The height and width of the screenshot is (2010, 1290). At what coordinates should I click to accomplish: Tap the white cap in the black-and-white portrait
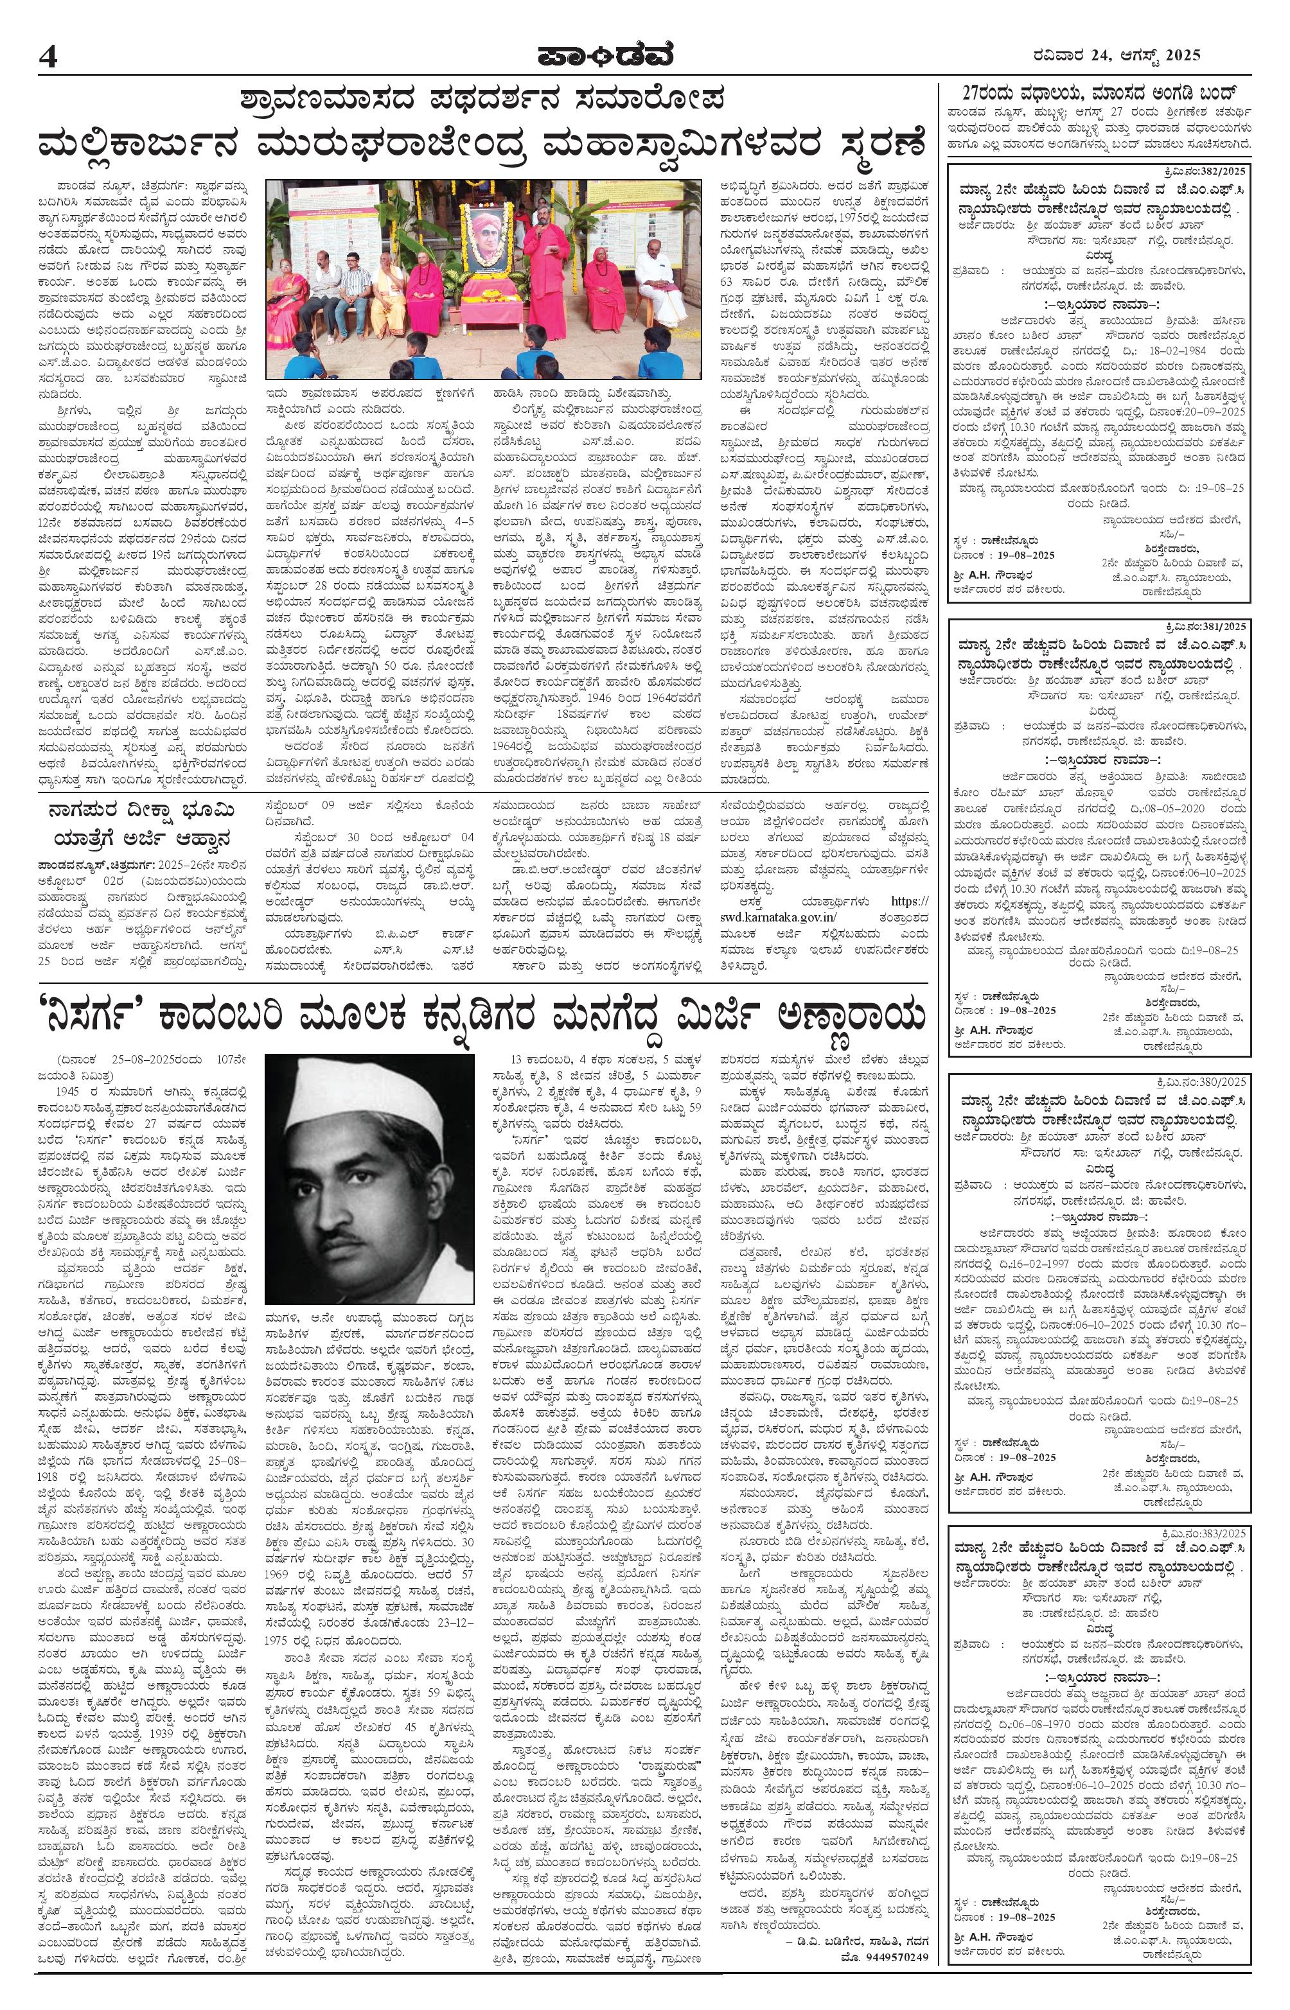(x=369, y=1095)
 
